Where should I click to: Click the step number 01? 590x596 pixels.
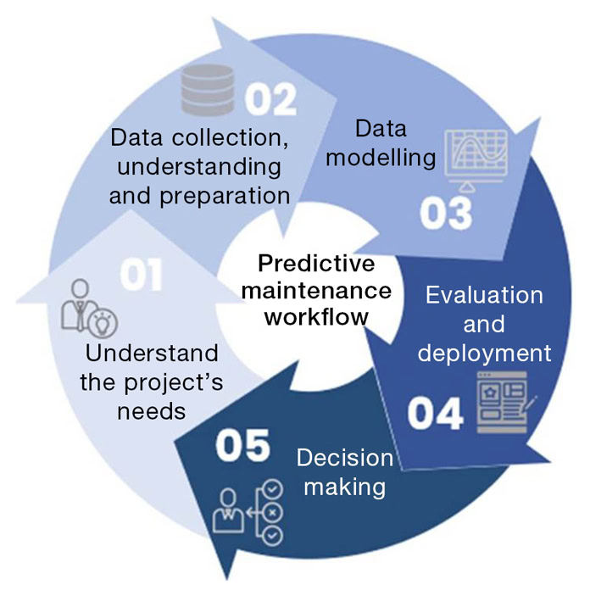point(140,276)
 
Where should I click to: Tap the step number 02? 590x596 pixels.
point(270,99)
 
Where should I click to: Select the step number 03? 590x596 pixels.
point(445,215)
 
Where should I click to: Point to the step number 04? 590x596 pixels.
point(435,414)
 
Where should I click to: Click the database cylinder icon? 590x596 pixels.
point(206,91)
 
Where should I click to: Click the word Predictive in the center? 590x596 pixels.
point(315,263)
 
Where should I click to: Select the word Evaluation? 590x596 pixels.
point(484,295)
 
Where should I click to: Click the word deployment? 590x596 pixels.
point(484,352)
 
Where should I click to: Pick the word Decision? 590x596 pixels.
point(344,459)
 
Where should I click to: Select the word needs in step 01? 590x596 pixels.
point(151,412)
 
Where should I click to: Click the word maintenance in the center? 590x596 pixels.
point(316,290)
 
